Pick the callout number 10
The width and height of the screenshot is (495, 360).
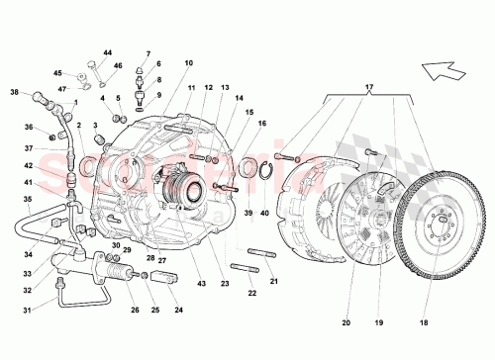click(188, 63)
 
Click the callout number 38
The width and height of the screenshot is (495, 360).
click(15, 92)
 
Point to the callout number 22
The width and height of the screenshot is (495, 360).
click(251, 294)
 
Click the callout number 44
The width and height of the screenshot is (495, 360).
click(109, 51)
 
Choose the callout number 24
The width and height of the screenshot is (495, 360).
click(178, 309)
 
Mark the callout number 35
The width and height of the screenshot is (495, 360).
click(28, 199)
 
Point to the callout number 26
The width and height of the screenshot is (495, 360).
click(134, 309)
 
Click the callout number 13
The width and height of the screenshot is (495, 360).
click(225, 88)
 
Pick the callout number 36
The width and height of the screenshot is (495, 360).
click(28, 126)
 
